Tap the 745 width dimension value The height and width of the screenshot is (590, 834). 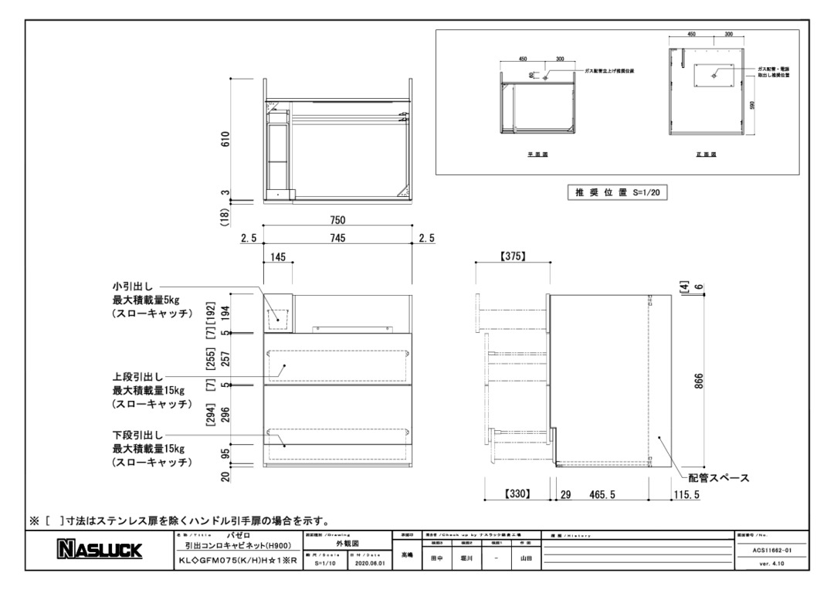tap(337, 239)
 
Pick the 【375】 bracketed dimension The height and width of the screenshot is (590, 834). tap(512, 256)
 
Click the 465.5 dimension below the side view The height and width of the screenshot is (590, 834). tap(602, 494)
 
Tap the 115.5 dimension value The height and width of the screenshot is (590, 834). tap(685, 494)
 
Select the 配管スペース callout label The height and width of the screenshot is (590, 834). tap(719, 478)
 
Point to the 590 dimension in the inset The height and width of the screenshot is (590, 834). tap(741, 104)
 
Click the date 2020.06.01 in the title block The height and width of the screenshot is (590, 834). tap(366, 564)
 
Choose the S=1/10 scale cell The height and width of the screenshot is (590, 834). tap(324, 564)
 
